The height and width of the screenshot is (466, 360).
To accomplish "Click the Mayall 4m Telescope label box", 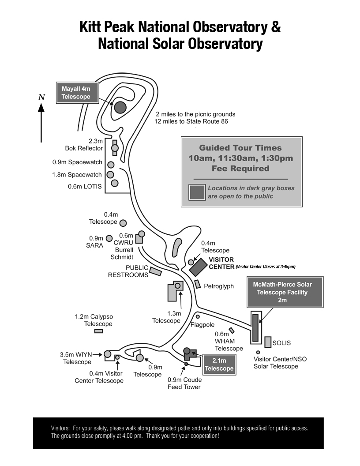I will click(77, 93).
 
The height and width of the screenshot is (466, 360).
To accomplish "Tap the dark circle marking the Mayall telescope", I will click(120, 107).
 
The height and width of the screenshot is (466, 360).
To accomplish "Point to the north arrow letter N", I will click(41, 97).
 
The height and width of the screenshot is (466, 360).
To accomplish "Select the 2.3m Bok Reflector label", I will click(84, 144).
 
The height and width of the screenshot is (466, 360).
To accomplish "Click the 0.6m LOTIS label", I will click(85, 187).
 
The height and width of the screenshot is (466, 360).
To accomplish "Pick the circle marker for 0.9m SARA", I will click(109, 238).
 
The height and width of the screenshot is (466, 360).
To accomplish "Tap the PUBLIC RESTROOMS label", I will click(128, 271).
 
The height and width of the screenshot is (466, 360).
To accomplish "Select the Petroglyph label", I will click(219, 286).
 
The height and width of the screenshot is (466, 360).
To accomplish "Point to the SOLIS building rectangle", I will click(268, 342).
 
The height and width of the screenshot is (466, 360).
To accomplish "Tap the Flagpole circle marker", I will click(198, 316).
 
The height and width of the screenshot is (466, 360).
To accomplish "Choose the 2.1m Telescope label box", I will click(219, 365).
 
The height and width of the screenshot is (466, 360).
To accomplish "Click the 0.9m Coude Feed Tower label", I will click(184, 383).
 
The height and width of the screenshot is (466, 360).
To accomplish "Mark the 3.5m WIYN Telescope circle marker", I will click(107, 354).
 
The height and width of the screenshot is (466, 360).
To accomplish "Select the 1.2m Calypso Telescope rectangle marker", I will click(98, 331).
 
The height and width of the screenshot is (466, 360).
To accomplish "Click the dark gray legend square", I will click(197, 192).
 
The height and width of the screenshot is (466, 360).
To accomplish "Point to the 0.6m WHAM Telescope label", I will click(225, 341).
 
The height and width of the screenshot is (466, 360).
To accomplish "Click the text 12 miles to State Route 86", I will click(191, 121).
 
